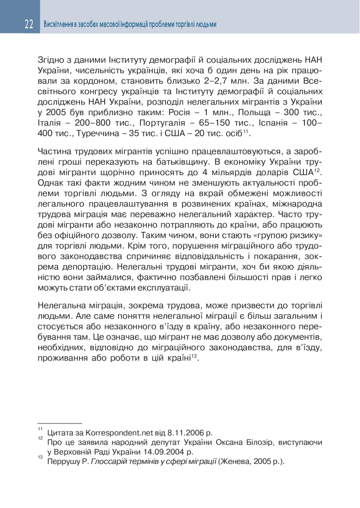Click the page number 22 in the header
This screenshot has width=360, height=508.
pos(28,24)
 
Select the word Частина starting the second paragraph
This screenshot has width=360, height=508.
pos(53,151)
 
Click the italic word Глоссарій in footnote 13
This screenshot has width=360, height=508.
pos(113,461)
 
